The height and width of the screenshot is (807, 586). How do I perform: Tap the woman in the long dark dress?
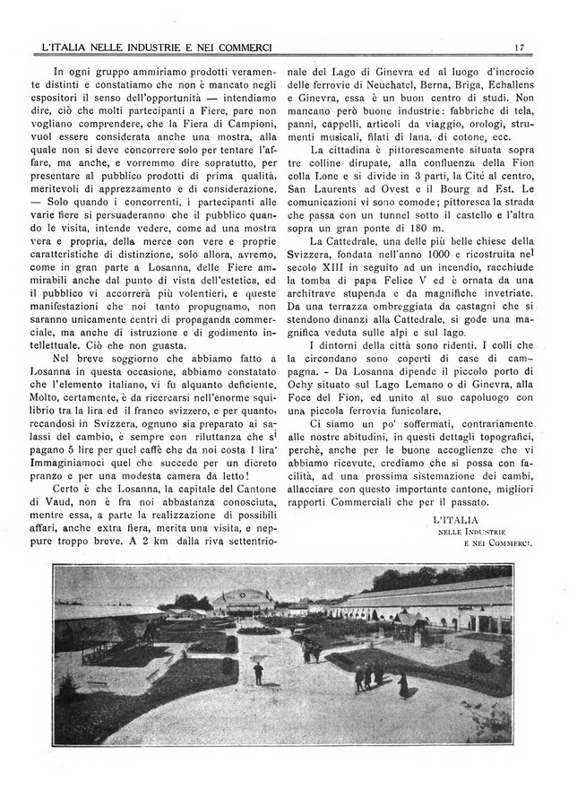pos(403,684)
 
